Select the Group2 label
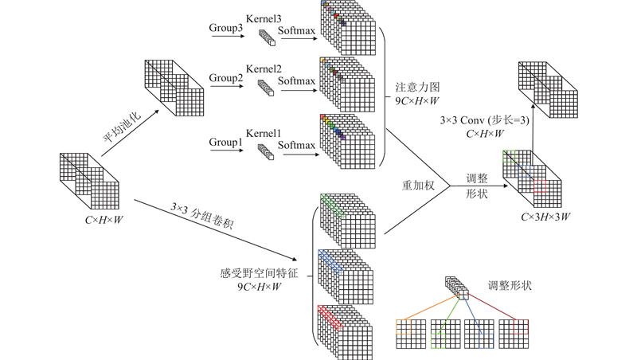pyautogui.click(x=225, y=78)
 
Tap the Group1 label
pyautogui.click(x=225, y=143)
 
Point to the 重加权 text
pyautogui.click(x=417, y=186)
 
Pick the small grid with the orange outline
pyautogui.click(x=408, y=335)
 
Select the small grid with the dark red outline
pyautogui.click(x=514, y=335)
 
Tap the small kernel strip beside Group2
pyautogui.click(x=265, y=88)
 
